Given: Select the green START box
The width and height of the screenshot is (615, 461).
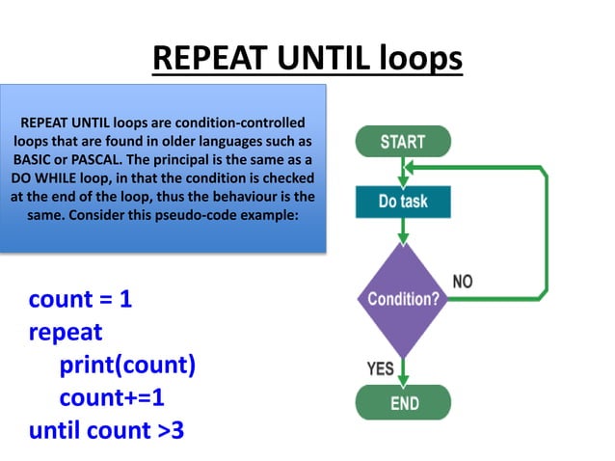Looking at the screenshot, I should click(403, 142).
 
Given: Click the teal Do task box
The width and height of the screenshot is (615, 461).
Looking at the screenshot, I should click(403, 202).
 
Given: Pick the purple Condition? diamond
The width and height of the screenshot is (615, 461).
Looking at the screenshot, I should click(403, 298).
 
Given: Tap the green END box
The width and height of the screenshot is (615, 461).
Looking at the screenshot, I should click(403, 402).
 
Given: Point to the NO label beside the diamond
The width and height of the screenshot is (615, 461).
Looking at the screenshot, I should click(463, 281).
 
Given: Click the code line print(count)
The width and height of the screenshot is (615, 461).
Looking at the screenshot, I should click(127, 365).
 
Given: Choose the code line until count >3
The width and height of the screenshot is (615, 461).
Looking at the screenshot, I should click(106, 429).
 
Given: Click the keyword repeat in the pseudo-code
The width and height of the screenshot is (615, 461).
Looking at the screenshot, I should click(66, 332).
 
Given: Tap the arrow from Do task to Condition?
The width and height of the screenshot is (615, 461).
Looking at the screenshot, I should click(403, 230).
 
